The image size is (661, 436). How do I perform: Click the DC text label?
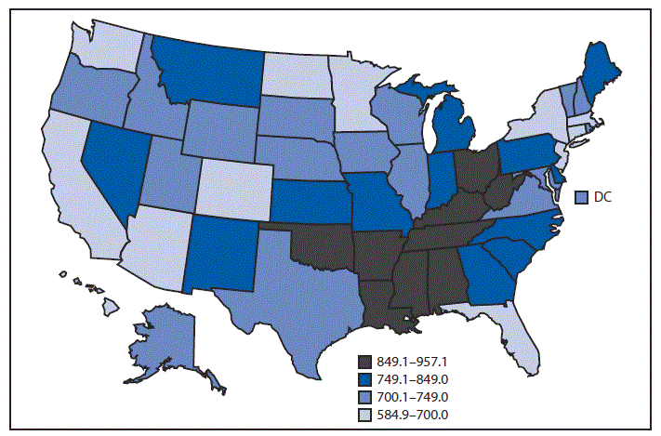click(x=602, y=196)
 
